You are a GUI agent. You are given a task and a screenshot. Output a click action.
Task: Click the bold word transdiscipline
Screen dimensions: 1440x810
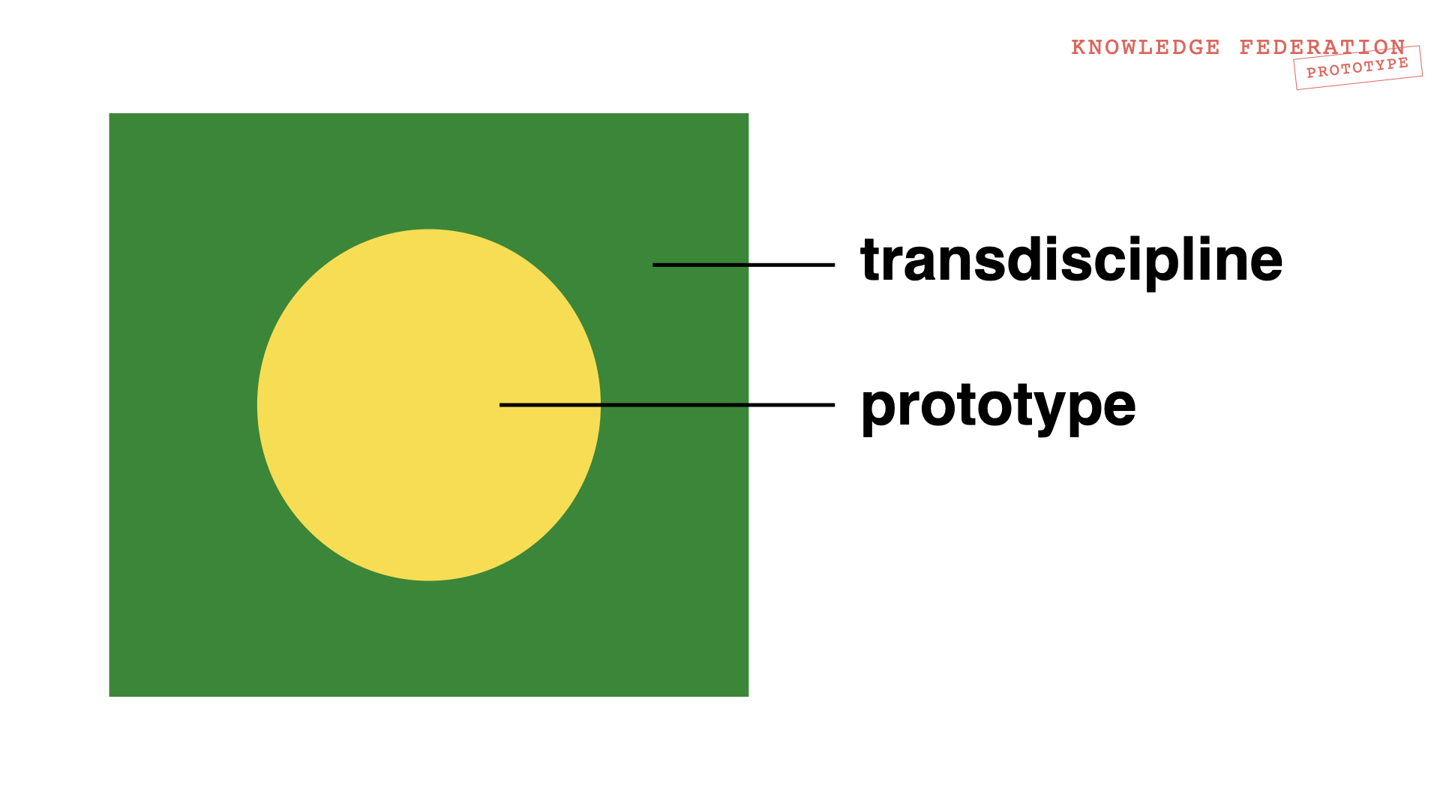[x=1072, y=261]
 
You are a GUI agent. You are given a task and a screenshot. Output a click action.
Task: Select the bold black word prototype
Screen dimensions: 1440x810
[x=998, y=408]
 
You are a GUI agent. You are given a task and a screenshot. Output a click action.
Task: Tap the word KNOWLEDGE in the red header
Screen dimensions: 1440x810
[x=1145, y=47]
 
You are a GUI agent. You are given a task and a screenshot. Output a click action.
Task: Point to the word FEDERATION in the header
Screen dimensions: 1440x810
[x=1322, y=47]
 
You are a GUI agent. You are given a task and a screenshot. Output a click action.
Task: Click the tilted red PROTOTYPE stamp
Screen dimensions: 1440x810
[x=1358, y=67]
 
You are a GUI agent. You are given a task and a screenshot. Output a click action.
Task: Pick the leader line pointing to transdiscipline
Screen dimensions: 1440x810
[x=743, y=265]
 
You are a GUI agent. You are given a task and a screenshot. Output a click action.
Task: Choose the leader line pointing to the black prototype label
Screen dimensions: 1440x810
[x=667, y=405]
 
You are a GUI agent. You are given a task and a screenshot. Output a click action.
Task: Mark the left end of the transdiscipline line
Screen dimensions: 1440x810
[x=652, y=265]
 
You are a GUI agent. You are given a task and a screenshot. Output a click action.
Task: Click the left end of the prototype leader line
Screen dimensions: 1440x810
[x=499, y=405]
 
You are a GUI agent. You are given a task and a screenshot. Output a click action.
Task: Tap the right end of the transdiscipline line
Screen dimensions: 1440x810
[x=835, y=265]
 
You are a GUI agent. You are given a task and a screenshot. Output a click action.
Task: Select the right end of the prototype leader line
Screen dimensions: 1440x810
[x=835, y=405]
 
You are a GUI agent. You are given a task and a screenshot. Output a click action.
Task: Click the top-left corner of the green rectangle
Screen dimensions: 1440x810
[x=109, y=113]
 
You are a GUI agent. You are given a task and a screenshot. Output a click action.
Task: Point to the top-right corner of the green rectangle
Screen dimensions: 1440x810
[x=748, y=113]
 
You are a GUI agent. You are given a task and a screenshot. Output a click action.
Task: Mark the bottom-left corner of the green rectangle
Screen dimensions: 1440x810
[x=109, y=697]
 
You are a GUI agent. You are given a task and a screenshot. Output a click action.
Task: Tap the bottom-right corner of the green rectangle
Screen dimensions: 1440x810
[x=748, y=697]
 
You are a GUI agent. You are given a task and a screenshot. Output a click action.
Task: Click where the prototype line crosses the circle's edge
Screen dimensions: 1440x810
[x=601, y=405]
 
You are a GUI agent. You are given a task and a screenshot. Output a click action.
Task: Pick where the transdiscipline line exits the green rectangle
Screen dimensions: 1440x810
[x=748, y=265]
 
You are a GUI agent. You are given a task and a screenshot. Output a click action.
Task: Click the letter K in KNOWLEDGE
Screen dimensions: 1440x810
[x=1078, y=47]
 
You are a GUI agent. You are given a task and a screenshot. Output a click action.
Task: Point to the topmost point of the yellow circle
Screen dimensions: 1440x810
[x=429, y=229]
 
